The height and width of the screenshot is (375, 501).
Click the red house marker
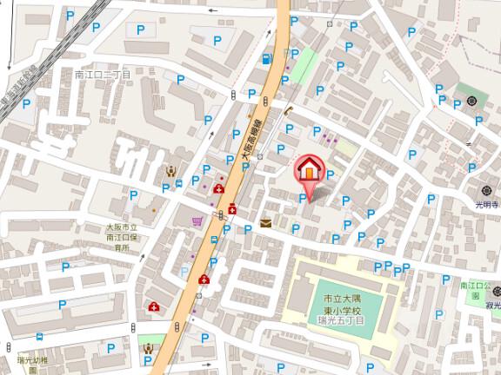(308, 169)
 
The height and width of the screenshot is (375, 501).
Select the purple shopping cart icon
(198, 220)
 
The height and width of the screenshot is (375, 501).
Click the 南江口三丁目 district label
(102, 76)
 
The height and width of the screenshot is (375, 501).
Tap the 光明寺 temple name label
(486, 206)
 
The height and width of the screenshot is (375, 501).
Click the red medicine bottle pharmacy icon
(235, 209)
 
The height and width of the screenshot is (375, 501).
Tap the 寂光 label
(491, 306)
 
